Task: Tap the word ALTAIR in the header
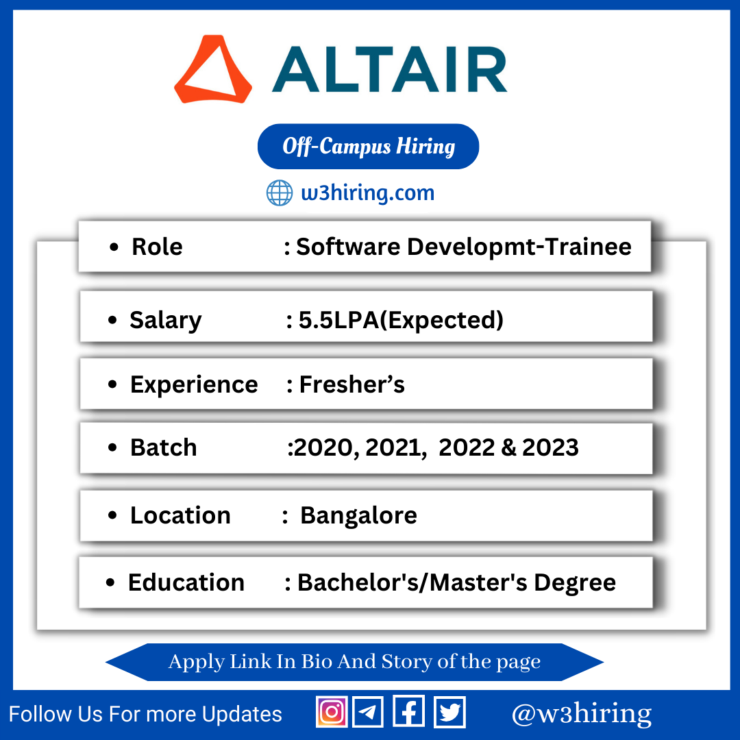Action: [390, 69]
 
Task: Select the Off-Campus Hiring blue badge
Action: [368, 147]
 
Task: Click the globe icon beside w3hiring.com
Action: [280, 193]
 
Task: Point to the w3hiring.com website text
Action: [368, 193]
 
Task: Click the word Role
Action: [157, 247]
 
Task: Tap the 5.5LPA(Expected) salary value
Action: [401, 320]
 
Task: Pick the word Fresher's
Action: [352, 384]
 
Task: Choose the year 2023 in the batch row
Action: [550, 447]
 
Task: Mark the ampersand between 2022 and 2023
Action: [508, 447]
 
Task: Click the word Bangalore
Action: [358, 515]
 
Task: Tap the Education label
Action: [186, 582]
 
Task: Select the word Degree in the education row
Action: [575, 583]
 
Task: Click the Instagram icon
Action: [332, 712]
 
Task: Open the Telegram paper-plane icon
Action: [368, 712]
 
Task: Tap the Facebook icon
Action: [408, 712]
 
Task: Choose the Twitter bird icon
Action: [449, 712]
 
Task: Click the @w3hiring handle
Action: [582, 714]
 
